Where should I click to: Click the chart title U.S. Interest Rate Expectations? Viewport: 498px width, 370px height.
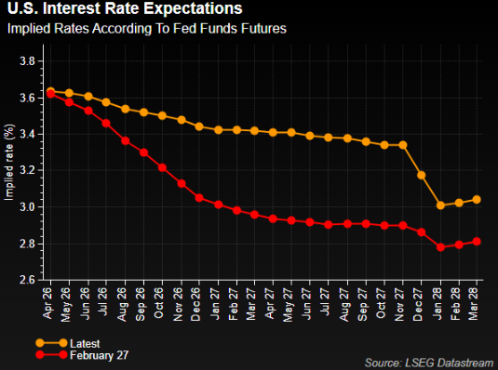click(x=125, y=9)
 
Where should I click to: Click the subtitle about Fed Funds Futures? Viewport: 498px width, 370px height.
click(x=146, y=29)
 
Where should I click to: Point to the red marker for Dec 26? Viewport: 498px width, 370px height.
click(x=200, y=198)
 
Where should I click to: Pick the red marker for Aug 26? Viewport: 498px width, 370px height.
click(x=126, y=140)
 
